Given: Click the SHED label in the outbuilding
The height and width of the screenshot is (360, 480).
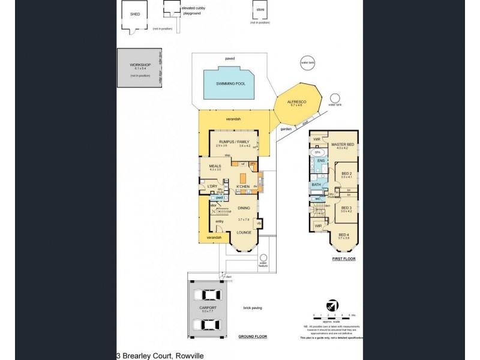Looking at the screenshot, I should pos(135,14).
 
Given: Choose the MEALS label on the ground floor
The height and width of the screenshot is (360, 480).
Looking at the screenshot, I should pos(215,166).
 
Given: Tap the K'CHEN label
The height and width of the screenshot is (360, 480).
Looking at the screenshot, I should pos(243,187).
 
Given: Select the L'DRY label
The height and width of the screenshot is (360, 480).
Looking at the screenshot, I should pos(212,187).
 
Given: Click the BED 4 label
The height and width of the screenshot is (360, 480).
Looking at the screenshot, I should pos(343,235).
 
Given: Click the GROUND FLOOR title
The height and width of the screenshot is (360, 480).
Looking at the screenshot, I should pos(252,337).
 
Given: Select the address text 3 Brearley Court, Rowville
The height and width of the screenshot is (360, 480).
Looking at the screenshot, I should pos(160,355).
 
